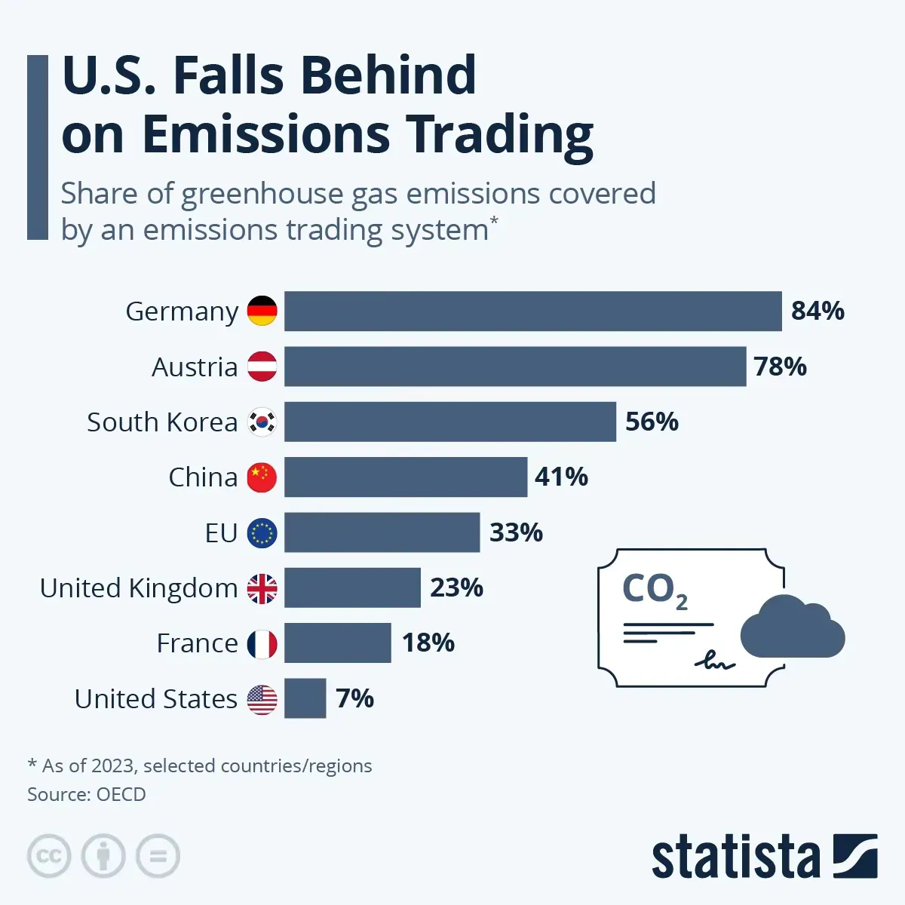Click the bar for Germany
coord(532,311)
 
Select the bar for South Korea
coord(449,422)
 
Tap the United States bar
coord(305,698)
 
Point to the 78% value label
coord(780,367)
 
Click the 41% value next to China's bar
coord(561,477)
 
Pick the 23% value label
coord(456,587)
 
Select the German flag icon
coord(262,311)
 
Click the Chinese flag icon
coord(262,477)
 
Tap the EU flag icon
coord(262,532)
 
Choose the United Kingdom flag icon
coord(262,588)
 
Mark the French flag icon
coord(262,643)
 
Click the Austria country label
coord(195,367)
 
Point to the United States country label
coord(156,699)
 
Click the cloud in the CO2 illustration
coord(792,627)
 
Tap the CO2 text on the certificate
coord(653,590)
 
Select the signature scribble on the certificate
coord(713,661)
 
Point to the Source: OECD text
coord(87,794)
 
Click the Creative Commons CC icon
coord(49,856)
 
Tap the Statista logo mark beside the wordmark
coord(855,856)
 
